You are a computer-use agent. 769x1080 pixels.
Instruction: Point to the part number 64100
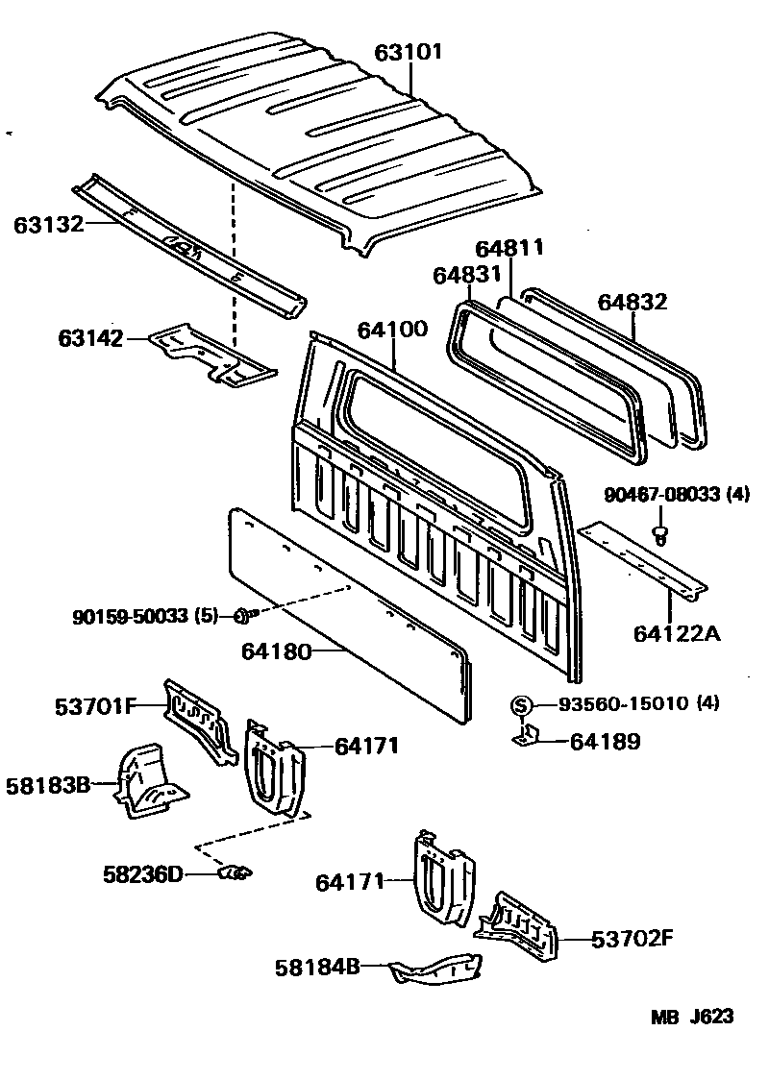[x=392, y=330]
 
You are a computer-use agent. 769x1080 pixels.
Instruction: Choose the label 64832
[x=632, y=302]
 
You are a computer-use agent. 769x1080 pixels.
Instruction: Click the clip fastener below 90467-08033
[x=659, y=533]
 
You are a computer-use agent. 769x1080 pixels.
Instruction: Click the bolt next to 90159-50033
[x=240, y=615]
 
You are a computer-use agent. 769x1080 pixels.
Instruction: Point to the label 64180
[x=278, y=653]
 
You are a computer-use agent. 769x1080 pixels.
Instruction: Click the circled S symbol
[x=520, y=706]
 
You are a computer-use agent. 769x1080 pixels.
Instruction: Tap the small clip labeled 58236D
[x=235, y=872]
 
